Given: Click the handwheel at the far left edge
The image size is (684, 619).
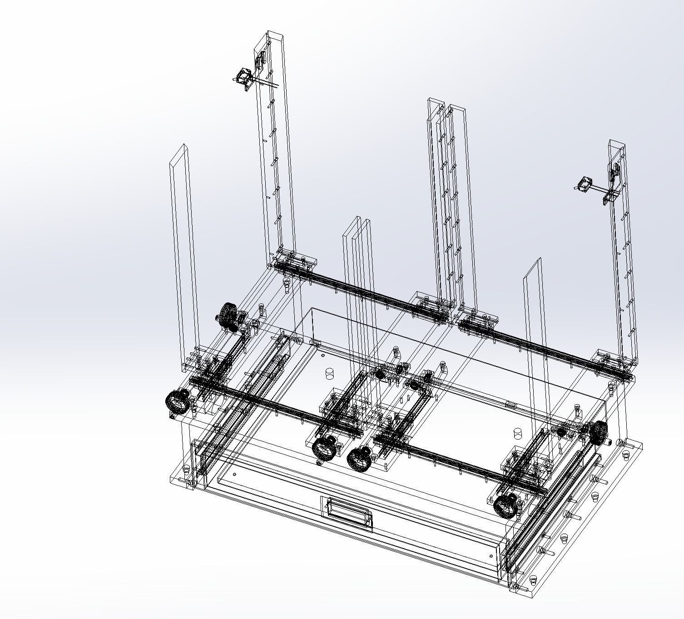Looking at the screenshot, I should pos(176,402).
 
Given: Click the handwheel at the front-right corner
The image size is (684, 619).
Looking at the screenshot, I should pos(505,505).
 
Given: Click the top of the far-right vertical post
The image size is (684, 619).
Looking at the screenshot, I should pos(617,143).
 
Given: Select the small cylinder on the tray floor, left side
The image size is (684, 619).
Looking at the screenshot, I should pos(330,374).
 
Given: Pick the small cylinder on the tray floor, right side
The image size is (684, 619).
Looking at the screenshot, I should pos(517,432).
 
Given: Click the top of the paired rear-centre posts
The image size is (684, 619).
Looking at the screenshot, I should pos(447,105).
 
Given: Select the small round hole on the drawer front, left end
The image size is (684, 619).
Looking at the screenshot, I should pos(234,475).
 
